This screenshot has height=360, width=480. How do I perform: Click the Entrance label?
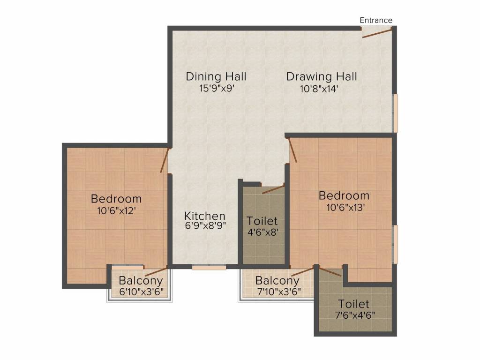click(376, 20)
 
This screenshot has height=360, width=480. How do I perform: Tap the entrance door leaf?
click(377, 33)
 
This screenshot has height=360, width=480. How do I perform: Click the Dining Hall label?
click(216, 76)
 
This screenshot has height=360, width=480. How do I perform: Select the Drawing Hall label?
click(322, 76)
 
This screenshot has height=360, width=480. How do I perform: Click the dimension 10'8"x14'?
click(319, 89)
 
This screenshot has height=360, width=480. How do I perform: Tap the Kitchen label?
click(205, 216)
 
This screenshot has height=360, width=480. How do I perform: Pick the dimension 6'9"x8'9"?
click(205, 225)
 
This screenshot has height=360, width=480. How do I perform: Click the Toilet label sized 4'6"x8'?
click(262, 221)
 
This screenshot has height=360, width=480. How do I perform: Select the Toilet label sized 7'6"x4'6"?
click(353, 304)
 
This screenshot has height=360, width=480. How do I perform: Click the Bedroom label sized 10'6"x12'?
click(116, 199)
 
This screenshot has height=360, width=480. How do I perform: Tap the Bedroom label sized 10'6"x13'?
click(344, 195)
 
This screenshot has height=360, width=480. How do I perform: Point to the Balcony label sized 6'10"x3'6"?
click(141, 280)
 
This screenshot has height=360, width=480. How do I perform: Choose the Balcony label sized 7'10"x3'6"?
click(277, 280)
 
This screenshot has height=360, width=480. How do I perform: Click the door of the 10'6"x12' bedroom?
click(165, 161)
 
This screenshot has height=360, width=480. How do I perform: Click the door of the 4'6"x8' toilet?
click(273, 189)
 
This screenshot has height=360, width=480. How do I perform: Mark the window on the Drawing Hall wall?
click(396, 113)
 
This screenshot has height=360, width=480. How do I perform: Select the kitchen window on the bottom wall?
click(209, 268)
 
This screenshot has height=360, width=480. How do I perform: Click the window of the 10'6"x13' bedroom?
click(396, 244)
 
